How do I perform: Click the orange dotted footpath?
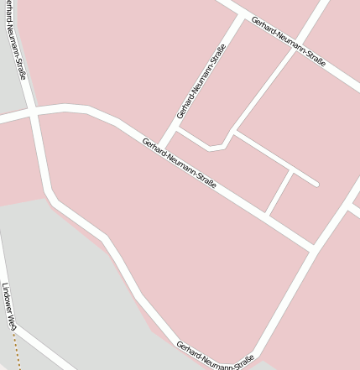click(x=16, y=348)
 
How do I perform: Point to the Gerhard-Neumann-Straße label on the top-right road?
click(x=288, y=43)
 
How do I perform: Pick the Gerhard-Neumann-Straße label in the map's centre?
click(x=180, y=163)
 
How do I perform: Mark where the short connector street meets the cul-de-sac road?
click(x=291, y=171)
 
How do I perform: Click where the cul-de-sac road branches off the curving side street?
click(x=234, y=133)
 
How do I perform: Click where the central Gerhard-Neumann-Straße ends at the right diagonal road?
click(x=314, y=248)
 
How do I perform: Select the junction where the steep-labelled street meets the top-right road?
click(x=242, y=16)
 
